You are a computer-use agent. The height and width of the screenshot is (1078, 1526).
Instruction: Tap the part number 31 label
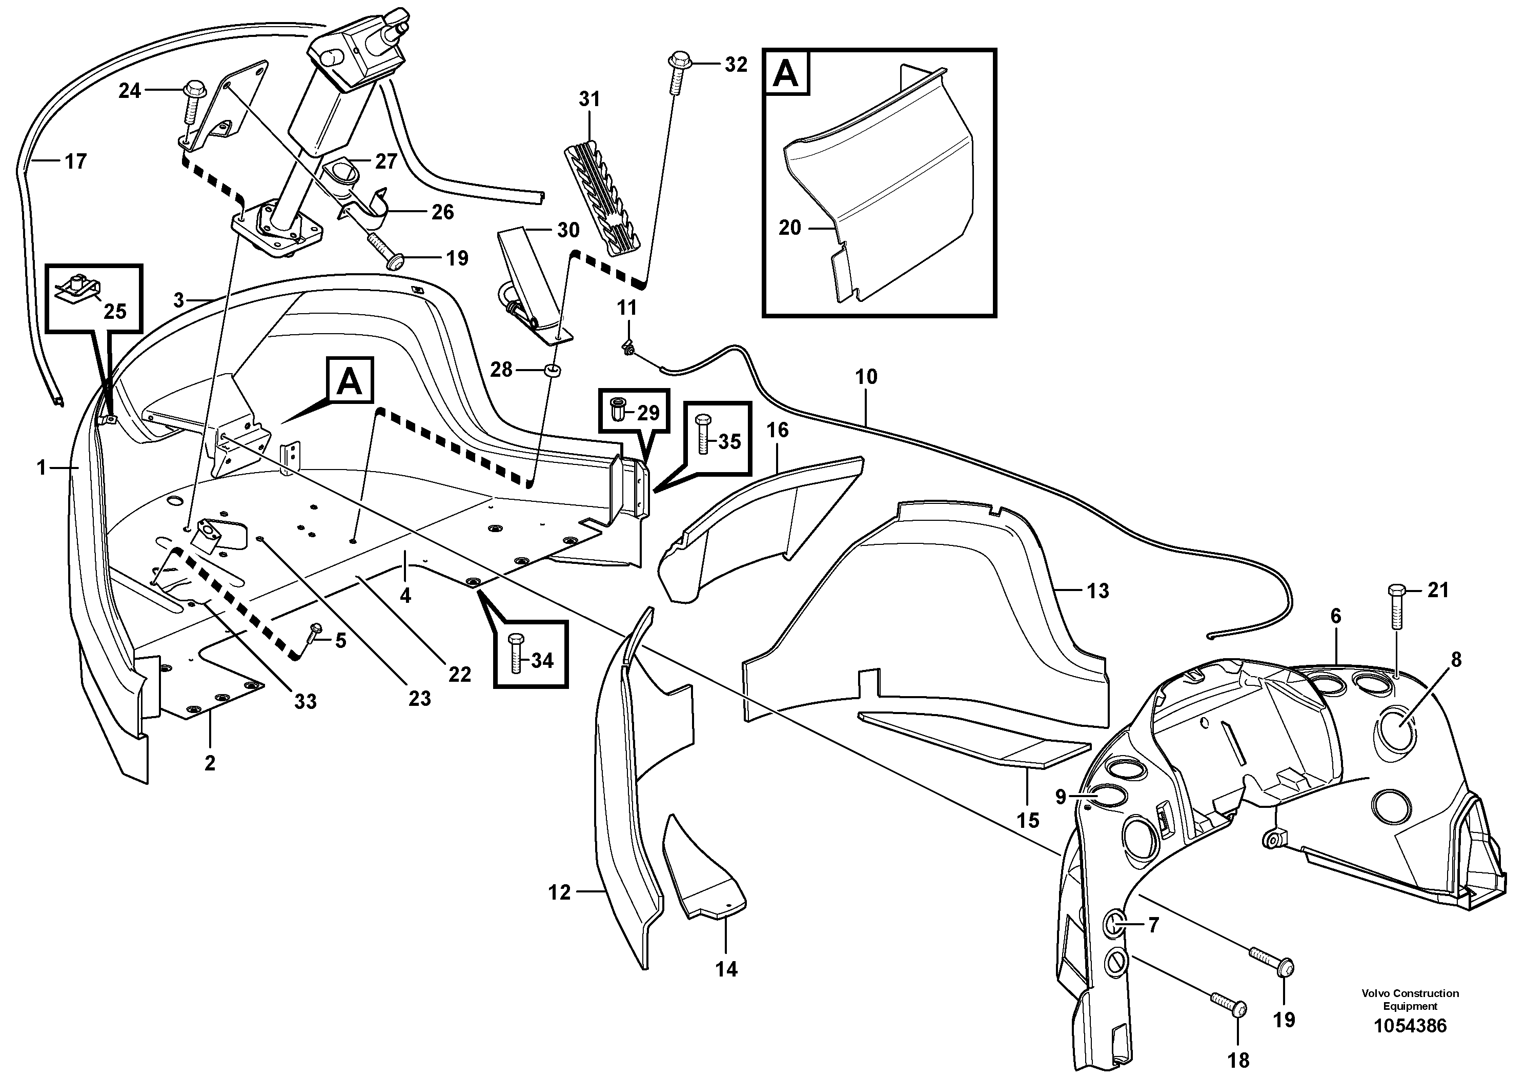(x=589, y=99)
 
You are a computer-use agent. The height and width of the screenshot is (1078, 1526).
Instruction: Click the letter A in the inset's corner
(x=786, y=73)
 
